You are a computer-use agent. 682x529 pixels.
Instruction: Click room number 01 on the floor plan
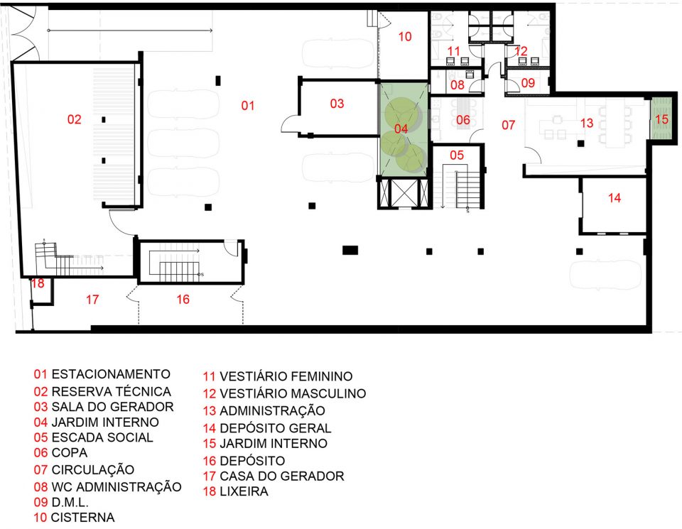pos(248,105)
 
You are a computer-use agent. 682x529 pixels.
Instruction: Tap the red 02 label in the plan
pos(75,119)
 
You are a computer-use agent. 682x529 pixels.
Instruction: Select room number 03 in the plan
pos(337,104)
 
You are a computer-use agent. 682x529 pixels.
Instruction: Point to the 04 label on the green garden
pos(401,129)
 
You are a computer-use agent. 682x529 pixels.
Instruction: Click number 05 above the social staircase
pos(457,156)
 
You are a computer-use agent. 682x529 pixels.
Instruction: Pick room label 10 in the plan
pos(405,36)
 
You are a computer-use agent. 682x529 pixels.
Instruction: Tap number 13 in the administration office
pos(587,123)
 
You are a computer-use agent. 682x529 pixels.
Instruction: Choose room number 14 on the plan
pos(614,198)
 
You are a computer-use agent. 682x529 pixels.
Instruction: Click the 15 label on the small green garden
pos(661,119)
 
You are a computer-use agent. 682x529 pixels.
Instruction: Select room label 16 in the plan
pos(183,299)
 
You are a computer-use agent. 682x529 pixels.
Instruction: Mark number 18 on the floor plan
pos(38,283)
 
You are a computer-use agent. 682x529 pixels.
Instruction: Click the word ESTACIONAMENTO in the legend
pos(111,374)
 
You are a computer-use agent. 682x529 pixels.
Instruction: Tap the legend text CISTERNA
pos(82,517)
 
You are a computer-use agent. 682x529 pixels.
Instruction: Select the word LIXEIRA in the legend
pos(244,491)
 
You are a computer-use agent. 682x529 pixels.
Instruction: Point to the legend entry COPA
pos(70,452)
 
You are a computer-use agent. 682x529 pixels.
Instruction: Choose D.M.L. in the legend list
pos(70,503)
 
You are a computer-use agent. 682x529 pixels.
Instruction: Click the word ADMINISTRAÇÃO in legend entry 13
pos(272,410)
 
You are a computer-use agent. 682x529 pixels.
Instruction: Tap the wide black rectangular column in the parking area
pos(350,250)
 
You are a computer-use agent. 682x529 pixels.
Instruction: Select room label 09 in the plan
pos(528,82)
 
